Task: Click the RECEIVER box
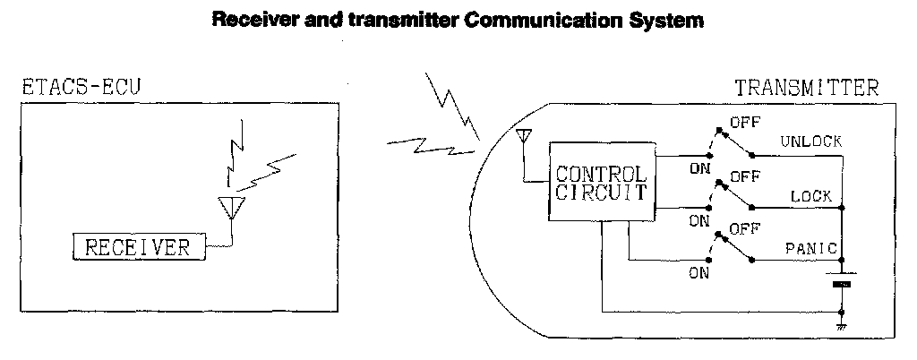(x=137, y=248)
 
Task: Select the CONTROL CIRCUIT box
(x=601, y=183)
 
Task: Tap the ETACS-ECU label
(x=80, y=87)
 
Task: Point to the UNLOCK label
(x=811, y=141)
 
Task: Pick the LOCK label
(x=811, y=196)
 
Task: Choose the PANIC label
(x=810, y=248)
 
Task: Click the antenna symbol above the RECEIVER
(x=231, y=208)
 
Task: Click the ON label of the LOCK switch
(x=698, y=220)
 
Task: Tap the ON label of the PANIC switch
(x=698, y=274)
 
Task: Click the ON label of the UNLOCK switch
(x=698, y=167)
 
